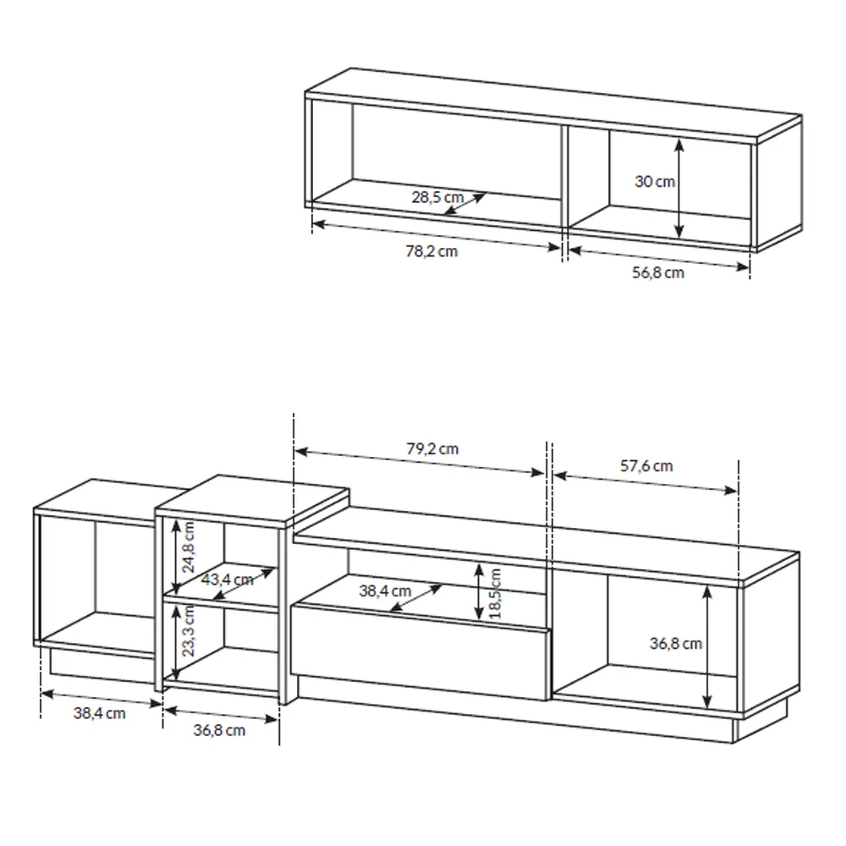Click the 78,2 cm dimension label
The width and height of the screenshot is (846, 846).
[431, 251]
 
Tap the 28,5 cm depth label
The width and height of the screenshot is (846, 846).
[437, 197]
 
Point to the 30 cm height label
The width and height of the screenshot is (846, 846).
[655, 181]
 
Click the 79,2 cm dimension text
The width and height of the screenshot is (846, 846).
[431, 448]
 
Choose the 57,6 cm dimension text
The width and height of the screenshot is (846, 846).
[646, 465]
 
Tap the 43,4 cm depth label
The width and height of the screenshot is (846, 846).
[228, 580]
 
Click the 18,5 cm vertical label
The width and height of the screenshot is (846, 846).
[496, 592]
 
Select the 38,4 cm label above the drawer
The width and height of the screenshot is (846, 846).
[385, 591]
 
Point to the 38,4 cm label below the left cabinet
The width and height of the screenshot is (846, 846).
[99, 713]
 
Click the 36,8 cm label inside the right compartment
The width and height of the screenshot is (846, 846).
[676, 643]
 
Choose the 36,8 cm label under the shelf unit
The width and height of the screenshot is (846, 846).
[219, 729]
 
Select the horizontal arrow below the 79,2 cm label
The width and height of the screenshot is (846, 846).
[420, 464]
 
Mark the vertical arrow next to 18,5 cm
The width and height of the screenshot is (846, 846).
[480, 591]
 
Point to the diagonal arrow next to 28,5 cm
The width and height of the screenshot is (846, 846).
[464, 204]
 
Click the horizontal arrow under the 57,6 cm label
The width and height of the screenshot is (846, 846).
[645, 481]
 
